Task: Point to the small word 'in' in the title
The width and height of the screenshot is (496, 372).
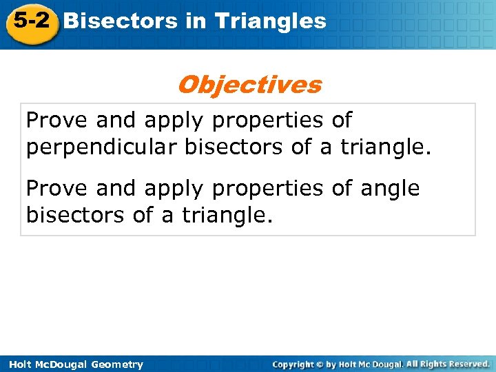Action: tap(196, 21)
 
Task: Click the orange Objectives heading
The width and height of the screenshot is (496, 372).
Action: tap(249, 85)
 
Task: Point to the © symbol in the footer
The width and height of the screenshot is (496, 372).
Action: tap(318, 364)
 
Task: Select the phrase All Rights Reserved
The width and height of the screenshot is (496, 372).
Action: tap(448, 364)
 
